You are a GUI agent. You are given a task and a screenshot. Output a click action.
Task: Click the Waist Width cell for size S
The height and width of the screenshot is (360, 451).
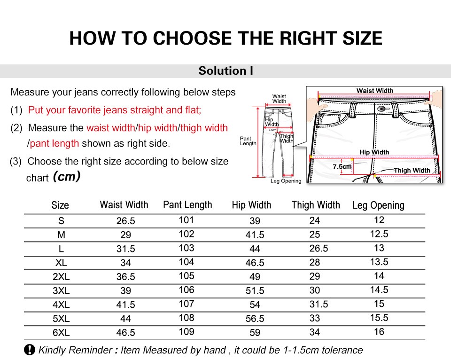[126, 221]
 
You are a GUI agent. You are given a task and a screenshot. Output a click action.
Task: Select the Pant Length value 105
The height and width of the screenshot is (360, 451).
[187, 276]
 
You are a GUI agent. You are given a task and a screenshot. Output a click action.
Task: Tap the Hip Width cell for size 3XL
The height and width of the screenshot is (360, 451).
[255, 290]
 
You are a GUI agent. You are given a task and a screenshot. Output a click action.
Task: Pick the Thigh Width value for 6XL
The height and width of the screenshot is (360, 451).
[315, 332]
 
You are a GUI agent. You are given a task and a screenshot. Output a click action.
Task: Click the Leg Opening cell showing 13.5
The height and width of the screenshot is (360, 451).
[379, 262]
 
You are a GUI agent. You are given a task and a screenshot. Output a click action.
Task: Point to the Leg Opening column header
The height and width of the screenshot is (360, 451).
[379, 205]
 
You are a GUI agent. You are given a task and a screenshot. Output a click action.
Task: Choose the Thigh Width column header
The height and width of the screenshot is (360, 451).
[316, 205]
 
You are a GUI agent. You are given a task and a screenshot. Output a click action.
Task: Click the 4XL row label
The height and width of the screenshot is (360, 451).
[61, 305]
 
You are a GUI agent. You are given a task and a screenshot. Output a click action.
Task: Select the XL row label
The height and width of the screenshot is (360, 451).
[61, 263]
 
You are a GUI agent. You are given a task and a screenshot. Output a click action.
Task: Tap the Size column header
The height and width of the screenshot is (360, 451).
[60, 205]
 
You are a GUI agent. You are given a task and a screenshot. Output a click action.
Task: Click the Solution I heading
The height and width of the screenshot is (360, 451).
[226, 71]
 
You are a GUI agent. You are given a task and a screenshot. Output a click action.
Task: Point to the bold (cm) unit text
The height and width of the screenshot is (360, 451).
[67, 176]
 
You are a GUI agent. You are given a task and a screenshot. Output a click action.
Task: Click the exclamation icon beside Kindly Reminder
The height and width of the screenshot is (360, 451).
[29, 350]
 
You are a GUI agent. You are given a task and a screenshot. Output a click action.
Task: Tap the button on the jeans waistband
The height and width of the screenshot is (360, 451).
[381, 109]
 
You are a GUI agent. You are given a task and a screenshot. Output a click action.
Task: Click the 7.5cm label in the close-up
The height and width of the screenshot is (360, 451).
[342, 167]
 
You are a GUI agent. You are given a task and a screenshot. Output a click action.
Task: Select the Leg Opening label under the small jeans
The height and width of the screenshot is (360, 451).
[286, 181]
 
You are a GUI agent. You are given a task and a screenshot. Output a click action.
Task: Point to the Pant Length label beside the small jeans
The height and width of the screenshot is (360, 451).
[248, 141]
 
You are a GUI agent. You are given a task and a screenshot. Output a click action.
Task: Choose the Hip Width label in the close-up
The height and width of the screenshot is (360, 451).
[374, 152]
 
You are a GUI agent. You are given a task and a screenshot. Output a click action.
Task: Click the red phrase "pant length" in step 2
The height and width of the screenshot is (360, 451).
[54, 143]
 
